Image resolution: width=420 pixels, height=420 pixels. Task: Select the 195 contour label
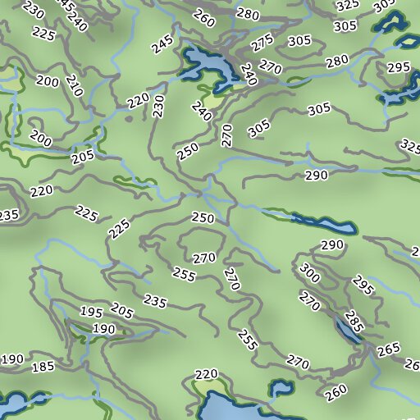[x=92, y=312]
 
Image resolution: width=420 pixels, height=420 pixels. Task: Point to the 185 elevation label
[x=42, y=367]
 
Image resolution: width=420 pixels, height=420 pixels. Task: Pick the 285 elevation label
[x=354, y=319]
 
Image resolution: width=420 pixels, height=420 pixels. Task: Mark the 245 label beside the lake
[x=162, y=43]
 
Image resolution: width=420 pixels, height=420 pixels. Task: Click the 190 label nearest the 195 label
[x=103, y=329]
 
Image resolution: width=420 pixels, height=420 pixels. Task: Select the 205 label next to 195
[x=121, y=310]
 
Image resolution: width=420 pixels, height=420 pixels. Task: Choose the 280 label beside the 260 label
[x=248, y=13]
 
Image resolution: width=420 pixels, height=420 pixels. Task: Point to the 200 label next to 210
[x=48, y=82]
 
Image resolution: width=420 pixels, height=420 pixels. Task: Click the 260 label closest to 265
[x=336, y=393]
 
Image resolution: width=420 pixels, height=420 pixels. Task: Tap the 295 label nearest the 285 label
[x=363, y=285]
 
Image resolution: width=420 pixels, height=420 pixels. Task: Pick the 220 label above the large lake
[x=207, y=374]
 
